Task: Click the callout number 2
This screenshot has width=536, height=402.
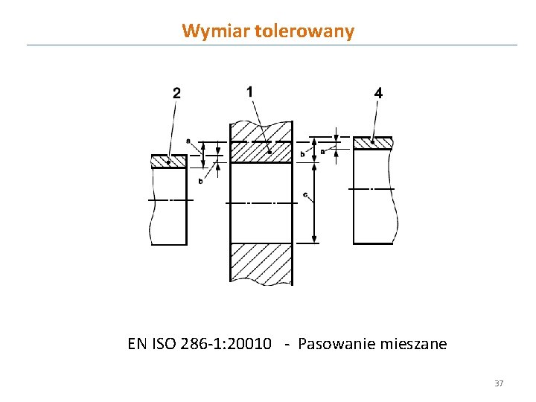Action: [176, 93]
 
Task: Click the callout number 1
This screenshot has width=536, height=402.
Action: [249, 91]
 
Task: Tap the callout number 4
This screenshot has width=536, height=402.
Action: [379, 94]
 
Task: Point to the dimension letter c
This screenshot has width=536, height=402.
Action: [305, 196]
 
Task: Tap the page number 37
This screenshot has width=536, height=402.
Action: [499, 383]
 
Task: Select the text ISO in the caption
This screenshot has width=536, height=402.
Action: [164, 344]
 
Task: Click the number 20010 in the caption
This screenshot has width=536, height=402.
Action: [252, 344]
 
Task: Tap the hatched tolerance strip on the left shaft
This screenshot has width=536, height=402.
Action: [168, 161]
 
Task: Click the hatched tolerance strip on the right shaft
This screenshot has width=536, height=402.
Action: [372, 142]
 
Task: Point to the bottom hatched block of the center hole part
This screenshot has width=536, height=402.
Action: [261, 263]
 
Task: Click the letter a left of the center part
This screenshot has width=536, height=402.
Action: [188, 140]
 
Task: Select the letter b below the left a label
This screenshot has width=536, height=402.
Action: [200, 181]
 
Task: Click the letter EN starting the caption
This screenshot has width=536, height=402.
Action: [137, 344]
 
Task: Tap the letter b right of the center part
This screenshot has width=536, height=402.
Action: [302, 153]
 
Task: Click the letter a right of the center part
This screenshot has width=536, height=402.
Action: [322, 151]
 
